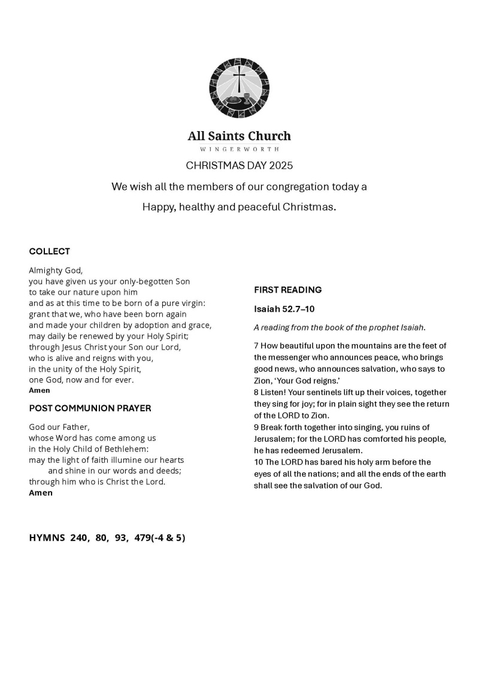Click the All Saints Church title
coord(239,136)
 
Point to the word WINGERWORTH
coord(239,149)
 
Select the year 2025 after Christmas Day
coord(281,165)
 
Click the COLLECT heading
coord(49,251)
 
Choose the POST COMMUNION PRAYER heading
coord(90,408)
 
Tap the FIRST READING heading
coord(288,290)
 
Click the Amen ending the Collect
coord(40,390)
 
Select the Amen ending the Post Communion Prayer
coord(41,493)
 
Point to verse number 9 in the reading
coord(256,427)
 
